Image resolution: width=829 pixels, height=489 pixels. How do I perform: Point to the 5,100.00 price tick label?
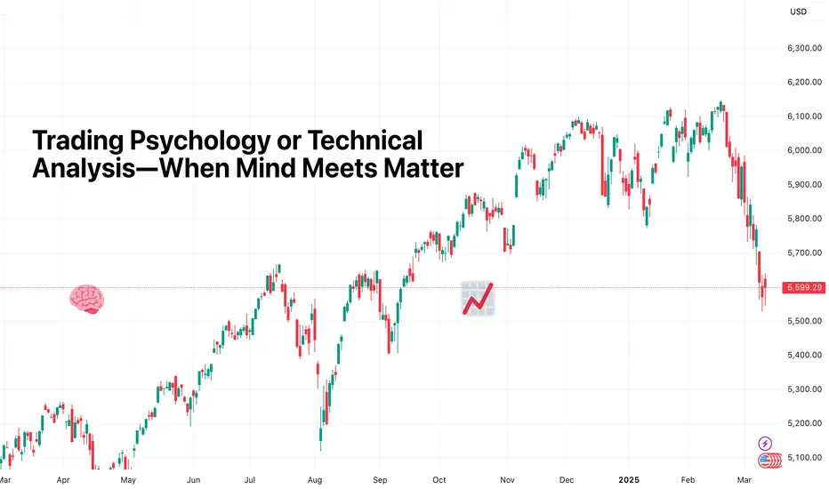pyautogui.click(x=804, y=457)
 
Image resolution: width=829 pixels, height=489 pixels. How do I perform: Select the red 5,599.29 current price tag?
pyautogui.click(x=804, y=287)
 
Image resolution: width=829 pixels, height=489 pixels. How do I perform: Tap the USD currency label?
pyautogui.click(x=799, y=12)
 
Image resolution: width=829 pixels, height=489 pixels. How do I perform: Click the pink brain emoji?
pyautogui.click(x=88, y=299)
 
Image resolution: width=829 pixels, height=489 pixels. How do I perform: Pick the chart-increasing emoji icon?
pyautogui.click(x=478, y=298)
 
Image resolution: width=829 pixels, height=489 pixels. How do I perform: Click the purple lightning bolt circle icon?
pyautogui.click(x=765, y=443)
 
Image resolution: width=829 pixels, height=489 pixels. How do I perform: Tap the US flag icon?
pyautogui.click(x=765, y=461)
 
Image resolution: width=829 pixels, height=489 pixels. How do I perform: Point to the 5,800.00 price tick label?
pyautogui.click(x=804, y=219)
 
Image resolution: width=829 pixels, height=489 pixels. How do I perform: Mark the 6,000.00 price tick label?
pyautogui.click(x=804, y=150)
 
